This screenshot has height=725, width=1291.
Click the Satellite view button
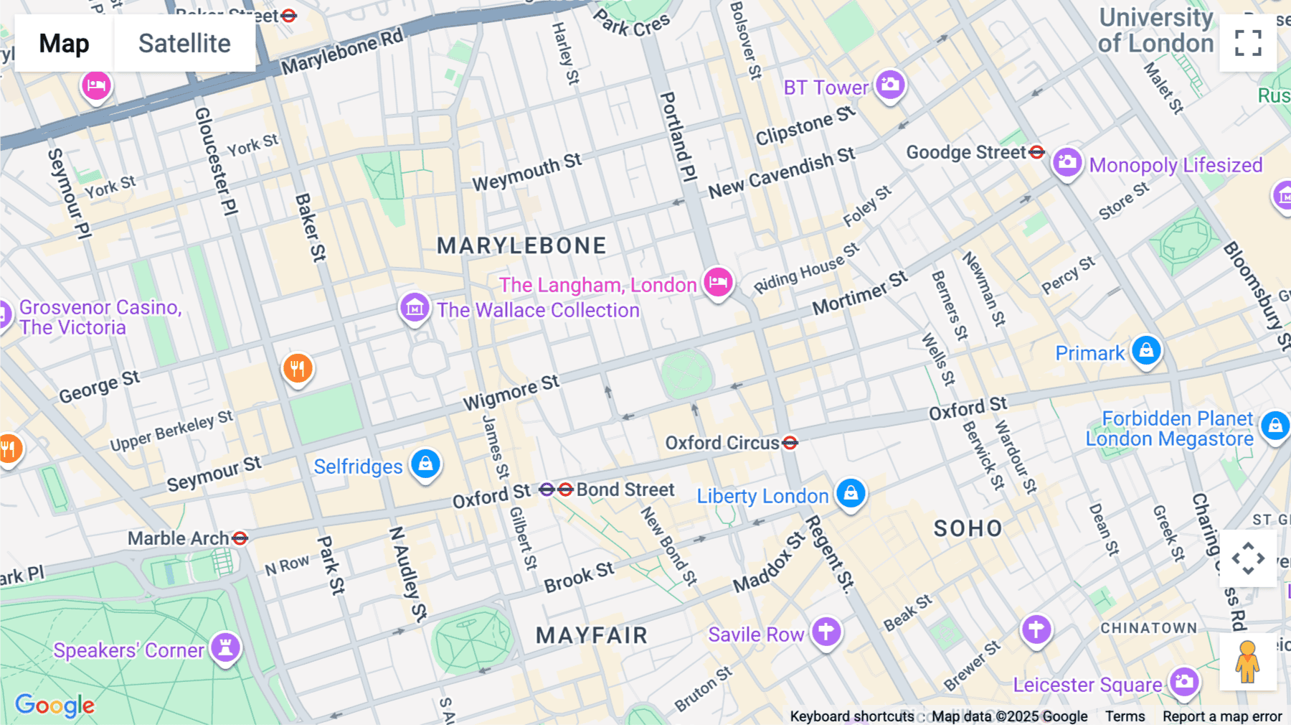pos(184,44)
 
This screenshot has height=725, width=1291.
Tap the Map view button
pos(64,44)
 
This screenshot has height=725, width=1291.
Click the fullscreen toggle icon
pos(1248,43)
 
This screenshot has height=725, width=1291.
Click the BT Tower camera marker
pos(890,85)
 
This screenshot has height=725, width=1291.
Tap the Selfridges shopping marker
pos(425,464)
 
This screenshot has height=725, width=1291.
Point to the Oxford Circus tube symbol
pos(790,443)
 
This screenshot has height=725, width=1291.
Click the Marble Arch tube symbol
pos(240,538)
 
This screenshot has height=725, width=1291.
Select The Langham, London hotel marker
pos(717,282)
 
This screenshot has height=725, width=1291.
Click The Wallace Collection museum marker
pos(415,308)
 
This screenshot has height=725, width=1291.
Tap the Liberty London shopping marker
pos(851,493)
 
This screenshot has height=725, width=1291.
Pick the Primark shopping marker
pos(1146,351)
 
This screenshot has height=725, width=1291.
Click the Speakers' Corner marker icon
pos(225,647)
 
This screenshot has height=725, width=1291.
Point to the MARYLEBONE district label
pos(521,246)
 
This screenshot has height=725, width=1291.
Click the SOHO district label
pos(968,529)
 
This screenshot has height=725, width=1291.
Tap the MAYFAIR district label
pos(592,635)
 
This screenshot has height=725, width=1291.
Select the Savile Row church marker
pos(826,632)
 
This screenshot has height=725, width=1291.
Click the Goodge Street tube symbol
pos(1036,152)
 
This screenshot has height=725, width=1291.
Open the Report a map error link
pos(1221,716)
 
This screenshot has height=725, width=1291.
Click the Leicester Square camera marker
pos(1184,681)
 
